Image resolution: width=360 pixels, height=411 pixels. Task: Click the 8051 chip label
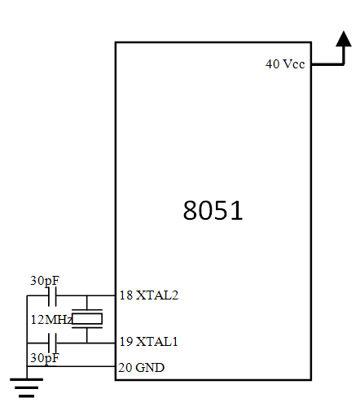[213, 210]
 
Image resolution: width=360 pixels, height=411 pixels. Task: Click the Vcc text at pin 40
[293, 64]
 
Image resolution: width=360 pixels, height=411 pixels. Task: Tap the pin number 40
[272, 64]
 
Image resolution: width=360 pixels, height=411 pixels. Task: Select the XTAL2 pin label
[157, 295]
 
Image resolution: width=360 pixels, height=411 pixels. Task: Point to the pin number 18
[126, 295]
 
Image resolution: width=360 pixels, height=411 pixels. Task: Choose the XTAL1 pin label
[156, 342]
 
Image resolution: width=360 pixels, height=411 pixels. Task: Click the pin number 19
[126, 342]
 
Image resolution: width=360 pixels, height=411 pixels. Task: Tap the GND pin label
[150, 368]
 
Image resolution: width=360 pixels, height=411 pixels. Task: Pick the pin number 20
[125, 368]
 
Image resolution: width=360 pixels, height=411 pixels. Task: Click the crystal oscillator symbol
[87, 319]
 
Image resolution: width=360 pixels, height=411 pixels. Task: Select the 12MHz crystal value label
[51, 320]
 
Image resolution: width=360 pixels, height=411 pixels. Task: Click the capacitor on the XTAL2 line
[52, 295]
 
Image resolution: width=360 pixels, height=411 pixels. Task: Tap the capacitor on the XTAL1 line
[52, 343]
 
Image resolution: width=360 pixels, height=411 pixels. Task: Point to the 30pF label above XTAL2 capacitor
[45, 281]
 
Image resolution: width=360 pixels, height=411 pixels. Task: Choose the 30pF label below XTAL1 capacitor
[45, 358]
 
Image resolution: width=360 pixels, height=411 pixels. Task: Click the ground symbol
[27, 387]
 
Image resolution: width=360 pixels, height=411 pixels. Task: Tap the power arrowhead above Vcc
[344, 39]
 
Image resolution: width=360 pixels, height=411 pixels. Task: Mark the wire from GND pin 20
[71, 366]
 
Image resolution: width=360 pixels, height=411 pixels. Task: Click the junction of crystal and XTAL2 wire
[87, 295]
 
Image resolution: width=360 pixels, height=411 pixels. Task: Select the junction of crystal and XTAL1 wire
[87, 343]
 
